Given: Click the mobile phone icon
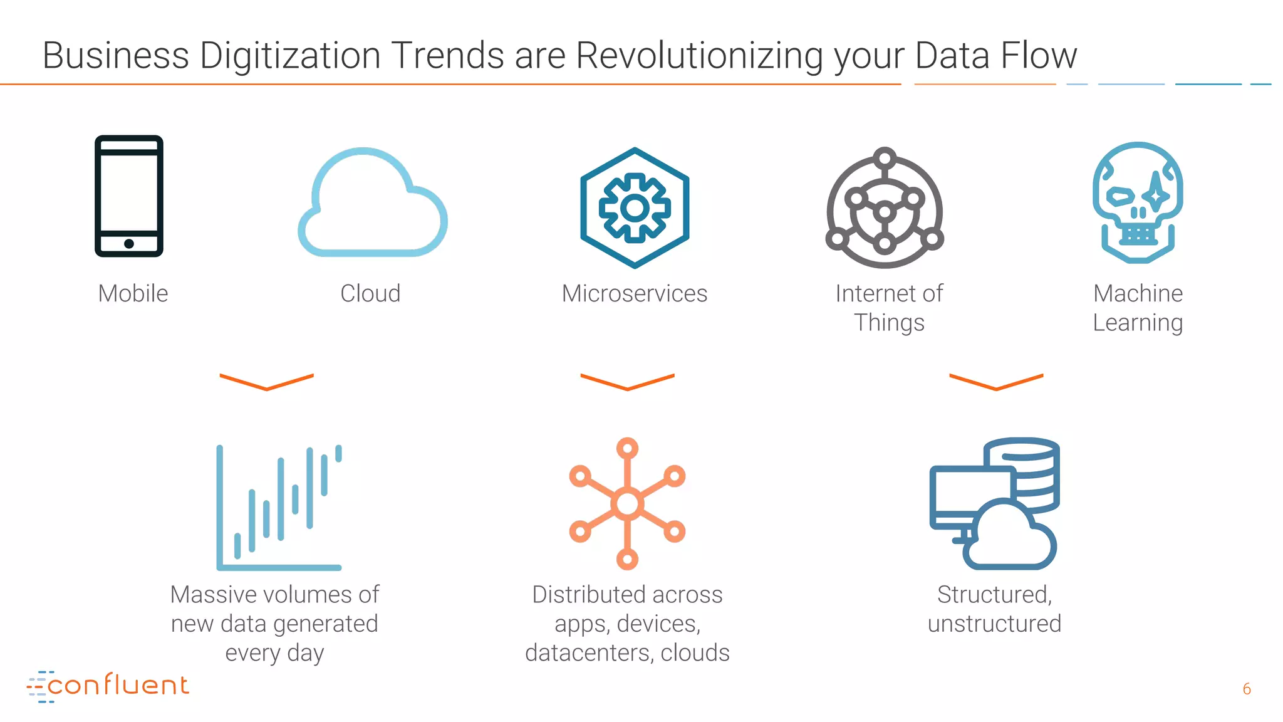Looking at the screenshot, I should pos(129,196).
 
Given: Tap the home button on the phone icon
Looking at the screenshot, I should pos(129,244).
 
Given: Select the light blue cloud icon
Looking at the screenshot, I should pos(372,204).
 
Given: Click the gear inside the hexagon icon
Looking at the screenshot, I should pos(635,208).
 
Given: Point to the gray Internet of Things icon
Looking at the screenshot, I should pos(885,209).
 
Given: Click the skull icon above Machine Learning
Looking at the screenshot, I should pos(1138,202).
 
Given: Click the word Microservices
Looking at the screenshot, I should pos(634,293).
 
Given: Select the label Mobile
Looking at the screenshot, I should pos(133,293).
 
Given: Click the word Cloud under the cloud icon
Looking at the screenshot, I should pos(370,293).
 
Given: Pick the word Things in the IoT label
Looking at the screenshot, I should pos(889,323).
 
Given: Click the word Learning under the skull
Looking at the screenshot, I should pos(1138,323).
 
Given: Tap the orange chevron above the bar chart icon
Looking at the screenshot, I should pos(267,382).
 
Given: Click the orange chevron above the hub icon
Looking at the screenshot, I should pos(627,382).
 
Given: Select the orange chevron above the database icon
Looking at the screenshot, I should pos(996,382).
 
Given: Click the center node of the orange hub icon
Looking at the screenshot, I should pos(627,503).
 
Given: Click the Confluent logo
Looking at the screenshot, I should pos(108,686).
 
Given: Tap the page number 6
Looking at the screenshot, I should pos(1247,689).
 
